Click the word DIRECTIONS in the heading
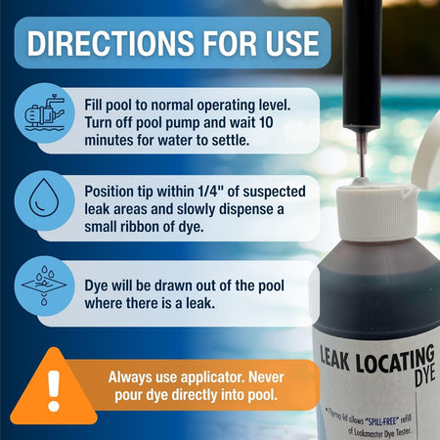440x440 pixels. point(110,43)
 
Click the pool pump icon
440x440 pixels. point(45,112)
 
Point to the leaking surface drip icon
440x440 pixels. point(44,286)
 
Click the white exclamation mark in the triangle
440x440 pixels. point(54,390)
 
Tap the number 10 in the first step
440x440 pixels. point(266,122)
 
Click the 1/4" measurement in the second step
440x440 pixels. point(210,192)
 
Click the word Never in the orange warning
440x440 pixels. point(266,377)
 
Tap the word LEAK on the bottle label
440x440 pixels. point(334,359)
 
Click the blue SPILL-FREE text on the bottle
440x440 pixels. point(382,421)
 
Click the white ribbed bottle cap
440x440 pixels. point(376,212)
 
